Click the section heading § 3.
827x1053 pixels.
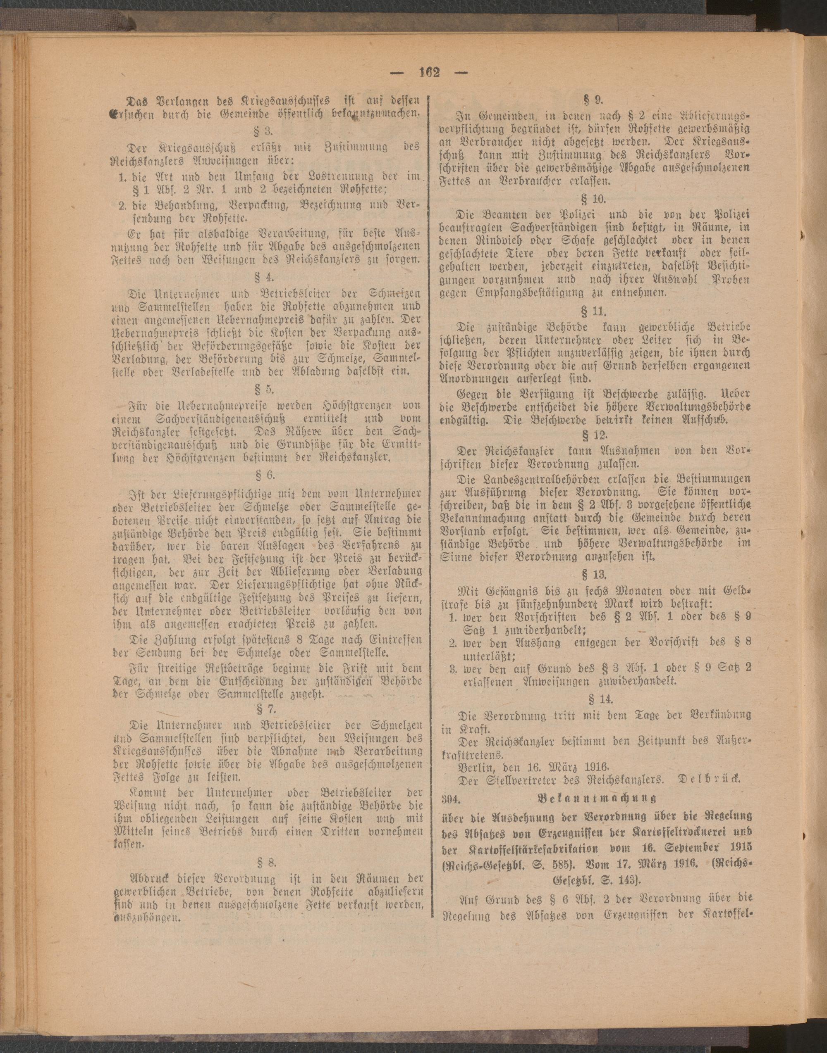point(265,131)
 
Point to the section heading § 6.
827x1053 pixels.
point(265,475)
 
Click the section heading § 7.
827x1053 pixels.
point(265,710)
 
